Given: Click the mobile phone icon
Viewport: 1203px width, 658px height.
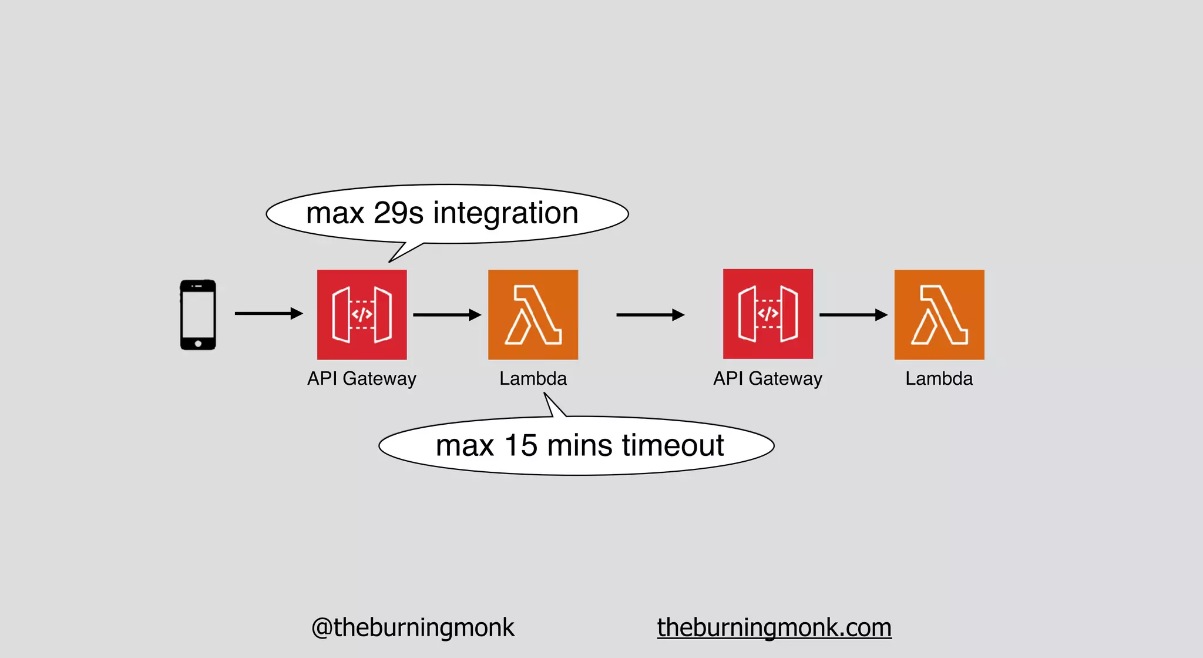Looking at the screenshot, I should (198, 314).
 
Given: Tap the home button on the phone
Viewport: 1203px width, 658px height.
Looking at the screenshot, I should (198, 344).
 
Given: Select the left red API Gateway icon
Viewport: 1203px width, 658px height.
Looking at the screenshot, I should (362, 314).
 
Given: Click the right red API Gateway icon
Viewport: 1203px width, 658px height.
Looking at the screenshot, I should (768, 314).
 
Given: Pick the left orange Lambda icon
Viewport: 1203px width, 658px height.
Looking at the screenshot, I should (533, 314).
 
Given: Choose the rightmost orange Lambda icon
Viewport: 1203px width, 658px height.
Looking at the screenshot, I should (939, 314).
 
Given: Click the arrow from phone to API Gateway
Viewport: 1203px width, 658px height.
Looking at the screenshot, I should (268, 314).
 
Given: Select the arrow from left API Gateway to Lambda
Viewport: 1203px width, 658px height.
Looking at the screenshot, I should (446, 315).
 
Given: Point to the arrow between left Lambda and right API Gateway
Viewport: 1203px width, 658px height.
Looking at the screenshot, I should (650, 315).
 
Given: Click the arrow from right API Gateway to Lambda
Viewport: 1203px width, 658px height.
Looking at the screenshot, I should (853, 315).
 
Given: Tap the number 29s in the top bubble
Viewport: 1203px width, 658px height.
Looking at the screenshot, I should (398, 213).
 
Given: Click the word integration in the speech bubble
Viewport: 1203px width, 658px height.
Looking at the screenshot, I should (506, 213).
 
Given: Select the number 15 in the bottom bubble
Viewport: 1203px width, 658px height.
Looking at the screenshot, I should (520, 445).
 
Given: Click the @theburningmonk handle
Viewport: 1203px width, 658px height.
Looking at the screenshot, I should (412, 627).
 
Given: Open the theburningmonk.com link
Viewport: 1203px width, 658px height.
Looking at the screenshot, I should (774, 627).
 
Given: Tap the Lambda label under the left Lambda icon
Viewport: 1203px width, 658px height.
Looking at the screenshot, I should (533, 378).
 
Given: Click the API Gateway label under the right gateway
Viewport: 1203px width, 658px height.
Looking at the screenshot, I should (768, 378).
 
